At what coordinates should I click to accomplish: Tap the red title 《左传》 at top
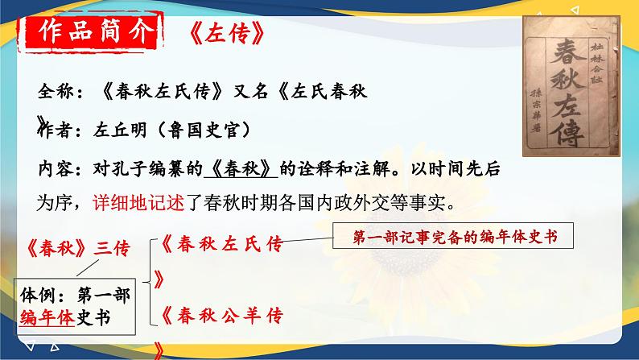(220, 37)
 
